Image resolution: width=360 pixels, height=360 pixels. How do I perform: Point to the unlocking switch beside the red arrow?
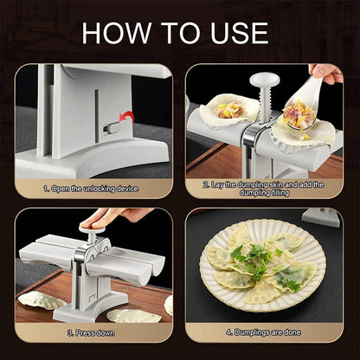click(x=112, y=128)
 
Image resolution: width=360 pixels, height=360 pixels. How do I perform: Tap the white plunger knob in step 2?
click(x=265, y=84)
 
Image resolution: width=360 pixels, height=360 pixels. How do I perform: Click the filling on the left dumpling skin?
click(x=229, y=110)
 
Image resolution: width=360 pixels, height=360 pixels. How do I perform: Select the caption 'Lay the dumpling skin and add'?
click(x=265, y=184)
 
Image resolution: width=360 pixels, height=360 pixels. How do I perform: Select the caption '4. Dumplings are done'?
click(x=265, y=331)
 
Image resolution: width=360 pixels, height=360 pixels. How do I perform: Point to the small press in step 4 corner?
click(x=324, y=216)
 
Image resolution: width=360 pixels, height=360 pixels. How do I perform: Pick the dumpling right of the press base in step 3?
click(x=134, y=314)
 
